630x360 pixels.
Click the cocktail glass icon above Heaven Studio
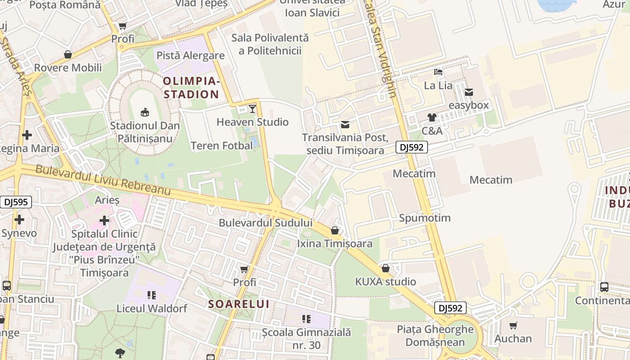click(252, 108)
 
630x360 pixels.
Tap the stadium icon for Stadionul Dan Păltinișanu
click(145, 112)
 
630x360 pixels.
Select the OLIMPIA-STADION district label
click(191, 88)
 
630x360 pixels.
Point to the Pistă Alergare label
click(190, 55)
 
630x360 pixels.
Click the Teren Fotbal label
click(221, 146)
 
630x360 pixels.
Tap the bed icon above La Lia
click(438, 72)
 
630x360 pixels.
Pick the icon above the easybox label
click(469, 92)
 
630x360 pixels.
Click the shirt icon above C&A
click(432, 117)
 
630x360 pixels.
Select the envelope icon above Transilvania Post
click(345, 125)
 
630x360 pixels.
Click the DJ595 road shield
click(16, 202)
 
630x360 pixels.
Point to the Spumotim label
click(424, 218)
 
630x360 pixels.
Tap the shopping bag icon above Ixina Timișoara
click(335, 231)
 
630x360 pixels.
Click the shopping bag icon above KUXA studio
click(386, 269)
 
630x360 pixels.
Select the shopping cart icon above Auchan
click(513, 325)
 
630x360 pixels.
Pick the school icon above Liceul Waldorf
click(152, 295)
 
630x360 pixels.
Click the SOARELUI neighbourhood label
click(238, 304)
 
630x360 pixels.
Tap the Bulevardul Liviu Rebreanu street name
click(103, 180)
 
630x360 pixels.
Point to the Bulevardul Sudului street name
click(265, 223)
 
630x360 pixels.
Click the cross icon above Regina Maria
click(27, 135)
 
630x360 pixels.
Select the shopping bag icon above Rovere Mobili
click(68, 55)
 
